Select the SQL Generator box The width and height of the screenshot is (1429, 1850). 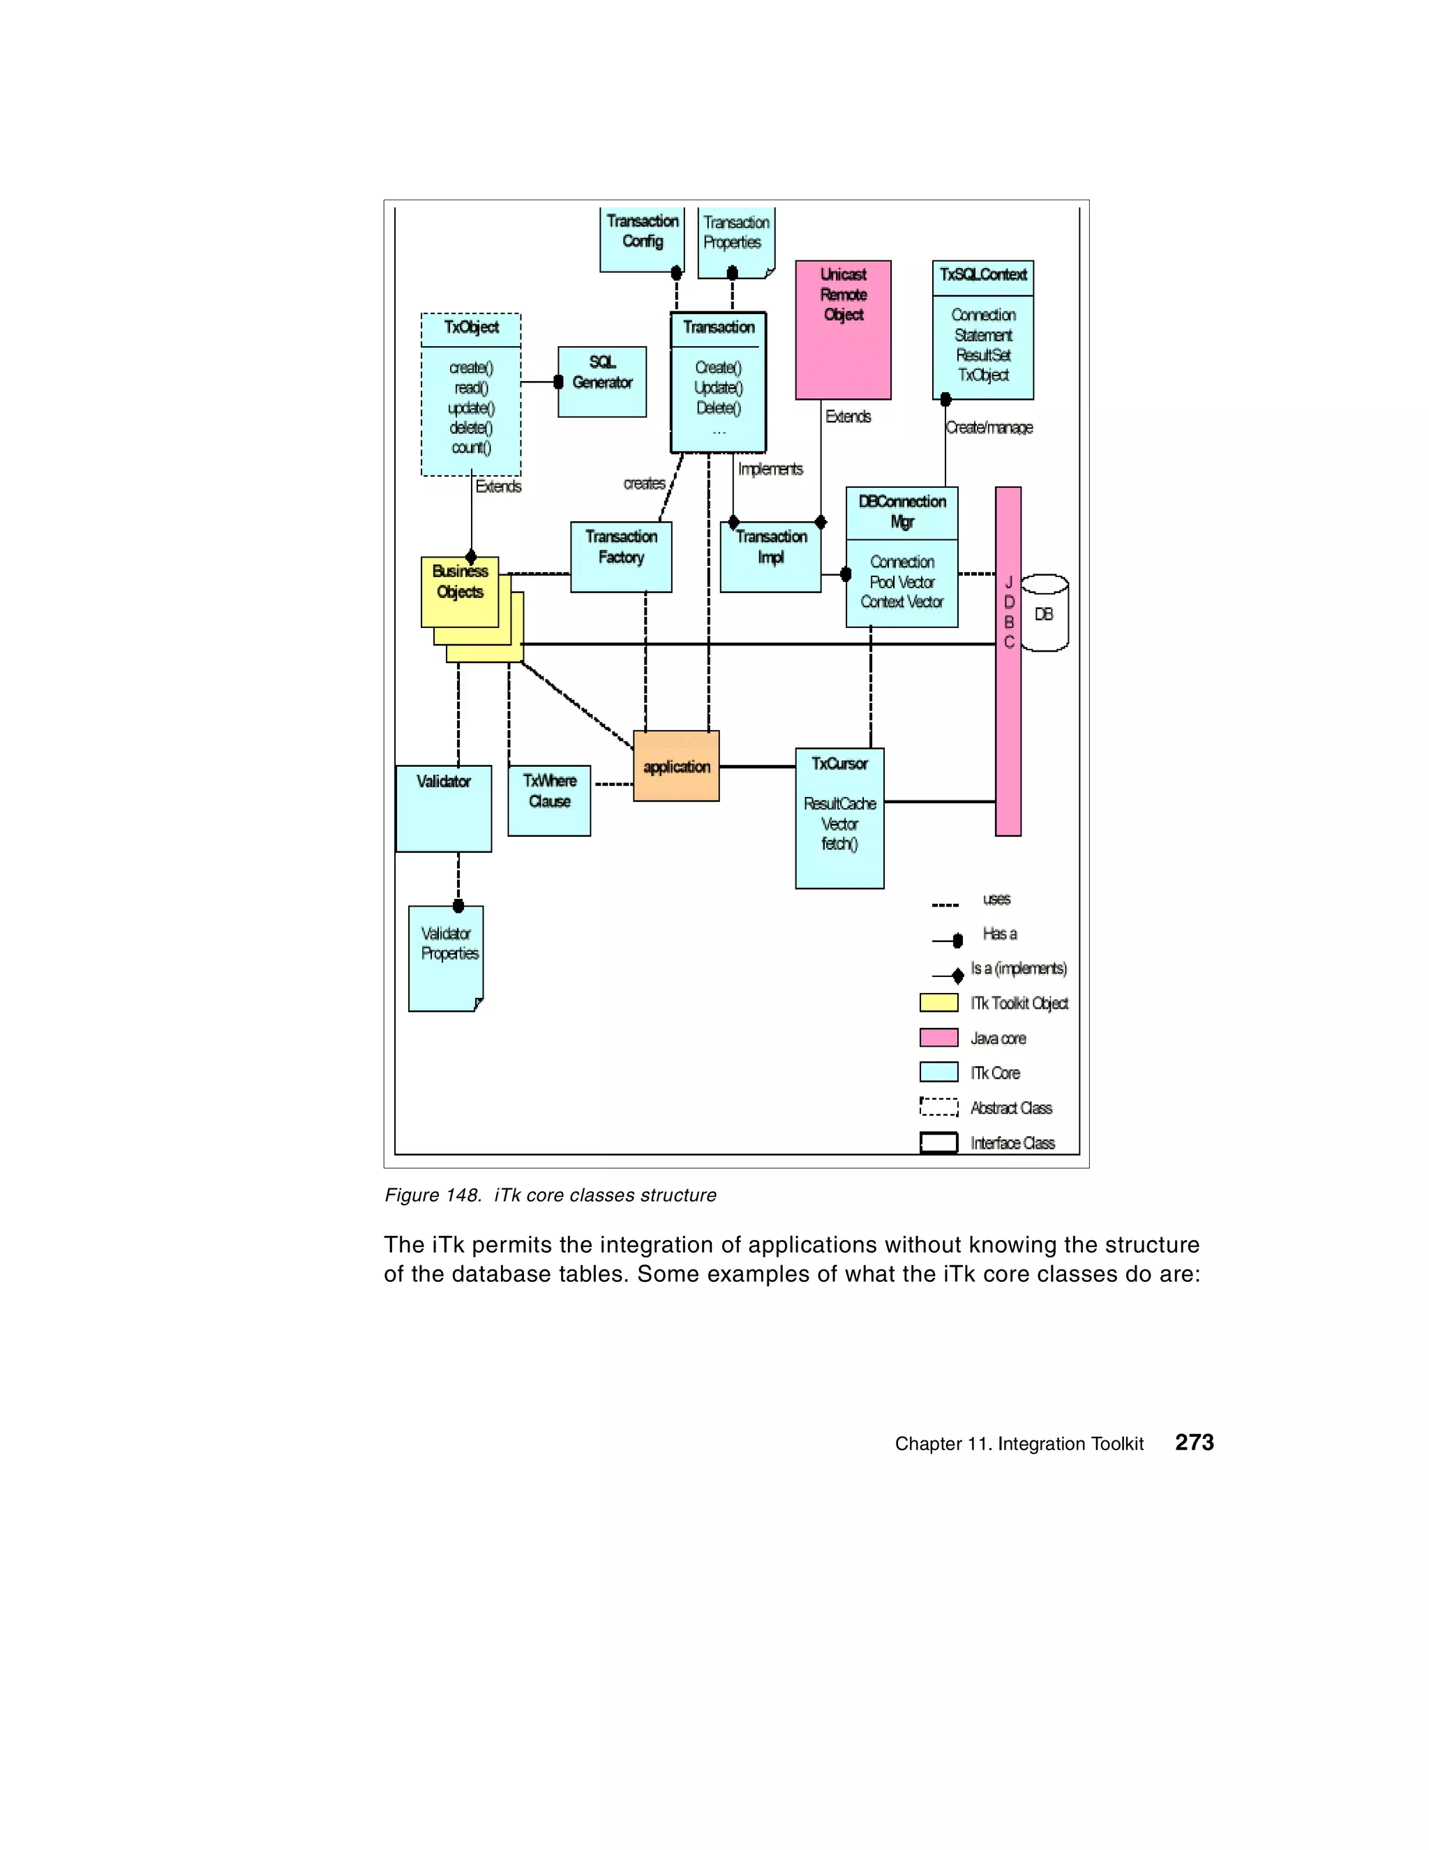pyautogui.click(x=601, y=381)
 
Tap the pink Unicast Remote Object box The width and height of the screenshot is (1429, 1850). pyautogui.click(x=843, y=329)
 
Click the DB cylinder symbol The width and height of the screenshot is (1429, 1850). pyautogui.click(x=1045, y=613)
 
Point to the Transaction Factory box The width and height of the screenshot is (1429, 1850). pyautogui.click(x=621, y=555)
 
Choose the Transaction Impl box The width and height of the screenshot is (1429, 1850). pyautogui.click(x=770, y=555)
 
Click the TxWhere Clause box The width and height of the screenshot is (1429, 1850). pyautogui.click(x=549, y=800)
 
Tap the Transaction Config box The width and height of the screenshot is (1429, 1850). pyautogui.click(x=641, y=240)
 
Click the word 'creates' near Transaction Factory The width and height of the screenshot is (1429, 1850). pyautogui.click(x=644, y=484)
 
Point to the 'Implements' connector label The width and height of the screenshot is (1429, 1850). pyautogui.click(x=770, y=469)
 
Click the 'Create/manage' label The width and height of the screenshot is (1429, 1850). pyautogui.click(x=989, y=428)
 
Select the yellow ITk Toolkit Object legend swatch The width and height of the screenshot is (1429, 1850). pyautogui.click(x=938, y=1003)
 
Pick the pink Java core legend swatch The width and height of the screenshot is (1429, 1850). pyautogui.click(x=938, y=1038)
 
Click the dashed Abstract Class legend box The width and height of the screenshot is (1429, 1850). pyautogui.click(x=938, y=1107)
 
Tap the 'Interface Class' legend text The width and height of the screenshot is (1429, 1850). pyautogui.click(x=1012, y=1142)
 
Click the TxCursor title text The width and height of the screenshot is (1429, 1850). pyautogui.click(x=839, y=764)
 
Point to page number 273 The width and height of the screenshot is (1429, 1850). pyautogui.click(x=1194, y=1442)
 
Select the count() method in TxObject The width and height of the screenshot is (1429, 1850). pyautogui.click(x=471, y=448)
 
